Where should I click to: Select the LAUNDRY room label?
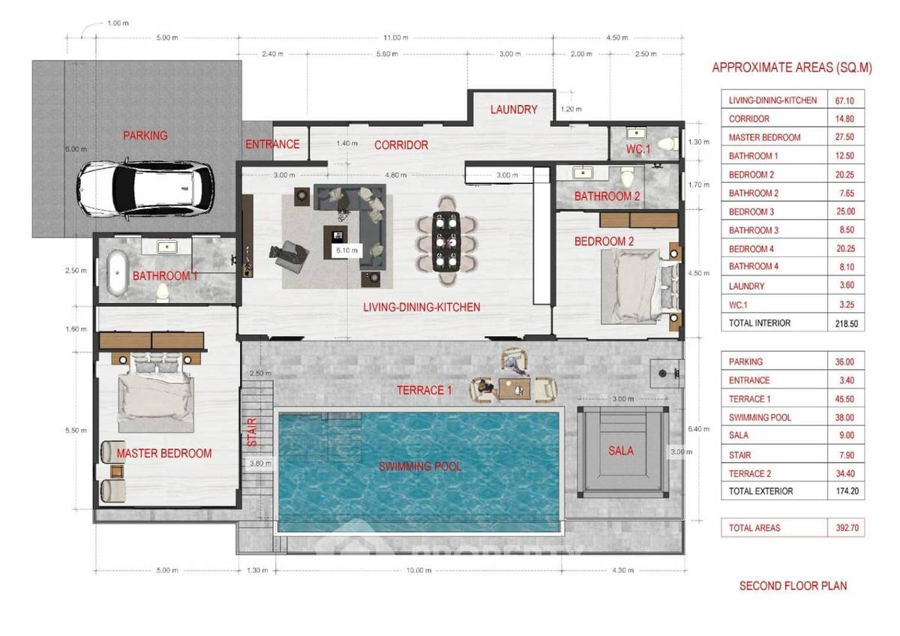[514, 109]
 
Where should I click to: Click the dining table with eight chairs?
[447, 240]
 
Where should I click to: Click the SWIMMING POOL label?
[419, 466]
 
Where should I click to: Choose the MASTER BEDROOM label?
[164, 453]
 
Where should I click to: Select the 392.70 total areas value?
[844, 528]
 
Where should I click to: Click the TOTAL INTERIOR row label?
[759, 323]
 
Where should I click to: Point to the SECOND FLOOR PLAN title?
[793, 586]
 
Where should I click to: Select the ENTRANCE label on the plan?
[272, 145]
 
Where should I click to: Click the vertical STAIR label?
[253, 433]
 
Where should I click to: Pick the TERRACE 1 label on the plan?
[424, 389]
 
